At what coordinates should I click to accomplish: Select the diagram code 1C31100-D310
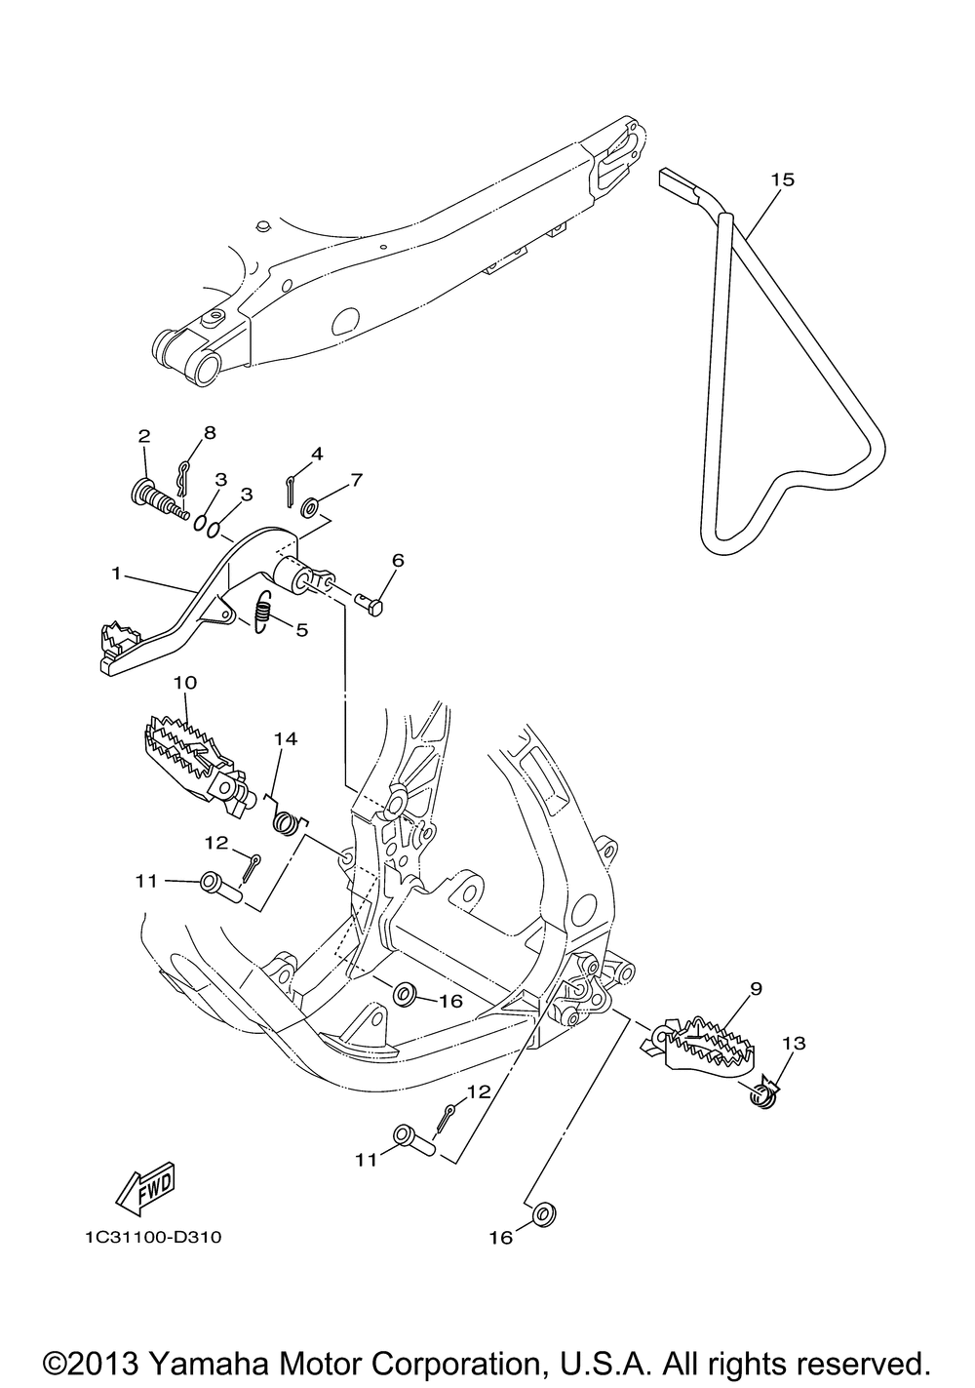(x=152, y=1238)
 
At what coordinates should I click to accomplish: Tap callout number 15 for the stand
(x=783, y=179)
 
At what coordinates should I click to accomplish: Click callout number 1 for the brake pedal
(x=117, y=574)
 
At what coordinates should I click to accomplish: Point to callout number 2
(x=143, y=435)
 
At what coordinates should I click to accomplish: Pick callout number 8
(x=209, y=431)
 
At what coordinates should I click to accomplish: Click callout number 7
(x=357, y=479)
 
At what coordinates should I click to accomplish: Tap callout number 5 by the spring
(x=301, y=630)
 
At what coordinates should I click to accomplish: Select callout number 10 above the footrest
(x=185, y=681)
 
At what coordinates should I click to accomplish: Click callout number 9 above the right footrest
(x=756, y=987)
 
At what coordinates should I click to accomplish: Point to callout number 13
(x=794, y=1044)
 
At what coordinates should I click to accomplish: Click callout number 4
(x=316, y=454)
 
